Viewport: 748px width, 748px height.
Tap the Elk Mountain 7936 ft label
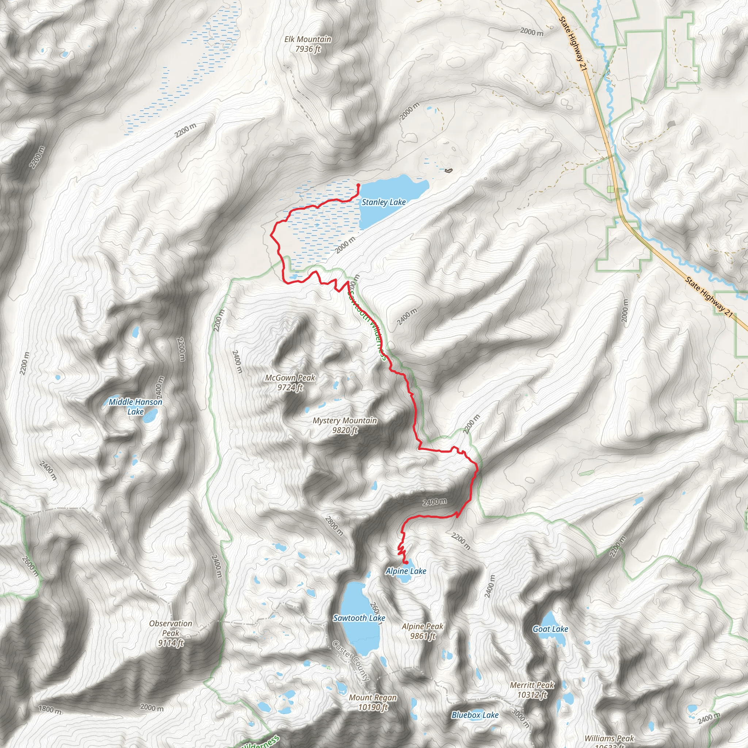pos(308,44)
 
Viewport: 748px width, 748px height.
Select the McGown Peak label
pos(290,382)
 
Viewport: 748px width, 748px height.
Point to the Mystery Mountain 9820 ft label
pos(344,425)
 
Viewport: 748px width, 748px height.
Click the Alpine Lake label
pos(406,571)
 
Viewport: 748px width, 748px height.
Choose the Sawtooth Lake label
pos(359,618)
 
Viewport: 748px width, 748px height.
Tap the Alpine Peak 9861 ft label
pos(423,631)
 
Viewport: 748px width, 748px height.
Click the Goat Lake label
pos(550,629)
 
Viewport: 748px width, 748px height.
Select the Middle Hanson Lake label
pos(136,407)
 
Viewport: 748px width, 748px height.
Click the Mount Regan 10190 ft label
pos(373,702)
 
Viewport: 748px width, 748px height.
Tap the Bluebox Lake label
pos(475,715)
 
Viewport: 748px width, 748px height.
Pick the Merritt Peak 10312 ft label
pos(532,690)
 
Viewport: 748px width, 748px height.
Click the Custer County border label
pos(351,660)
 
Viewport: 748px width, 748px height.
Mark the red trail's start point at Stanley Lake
pos(358,185)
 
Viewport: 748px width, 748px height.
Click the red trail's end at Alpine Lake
pos(406,562)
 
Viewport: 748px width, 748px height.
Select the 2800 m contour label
pos(334,526)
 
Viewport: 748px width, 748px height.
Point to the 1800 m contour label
pos(50,710)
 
